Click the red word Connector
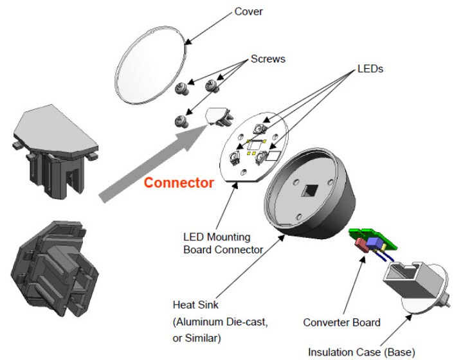click(x=178, y=183)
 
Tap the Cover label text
click(x=249, y=11)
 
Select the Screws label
click(x=268, y=59)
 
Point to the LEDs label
click(x=370, y=68)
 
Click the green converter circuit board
click(x=369, y=237)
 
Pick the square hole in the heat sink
click(x=311, y=191)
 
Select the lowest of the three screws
click(x=183, y=119)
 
